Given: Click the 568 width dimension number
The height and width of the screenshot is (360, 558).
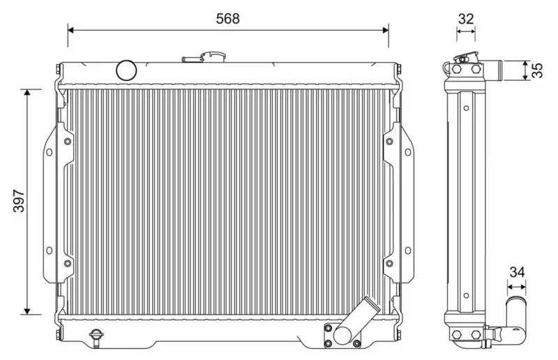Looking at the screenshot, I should (x=227, y=19).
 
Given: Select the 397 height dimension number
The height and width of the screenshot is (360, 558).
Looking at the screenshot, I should (x=19, y=202).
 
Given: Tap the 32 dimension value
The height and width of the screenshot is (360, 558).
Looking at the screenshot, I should (x=465, y=19).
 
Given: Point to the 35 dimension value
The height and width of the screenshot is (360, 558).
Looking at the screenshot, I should (x=536, y=70).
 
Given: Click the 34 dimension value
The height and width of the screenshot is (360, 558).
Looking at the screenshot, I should (x=517, y=272).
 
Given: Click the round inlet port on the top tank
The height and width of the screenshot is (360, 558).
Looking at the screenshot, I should (x=126, y=69).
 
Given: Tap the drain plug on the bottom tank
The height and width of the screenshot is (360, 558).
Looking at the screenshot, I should (x=96, y=337).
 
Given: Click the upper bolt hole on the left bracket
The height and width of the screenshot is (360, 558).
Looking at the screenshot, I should (x=67, y=142).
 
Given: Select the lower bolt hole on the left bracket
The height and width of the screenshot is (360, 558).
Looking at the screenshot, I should (x=67, y=264).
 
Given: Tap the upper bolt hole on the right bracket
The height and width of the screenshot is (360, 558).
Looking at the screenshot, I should (x=389, y=142).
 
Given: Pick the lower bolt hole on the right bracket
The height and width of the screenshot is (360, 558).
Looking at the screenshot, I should (x=389, y=264).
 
